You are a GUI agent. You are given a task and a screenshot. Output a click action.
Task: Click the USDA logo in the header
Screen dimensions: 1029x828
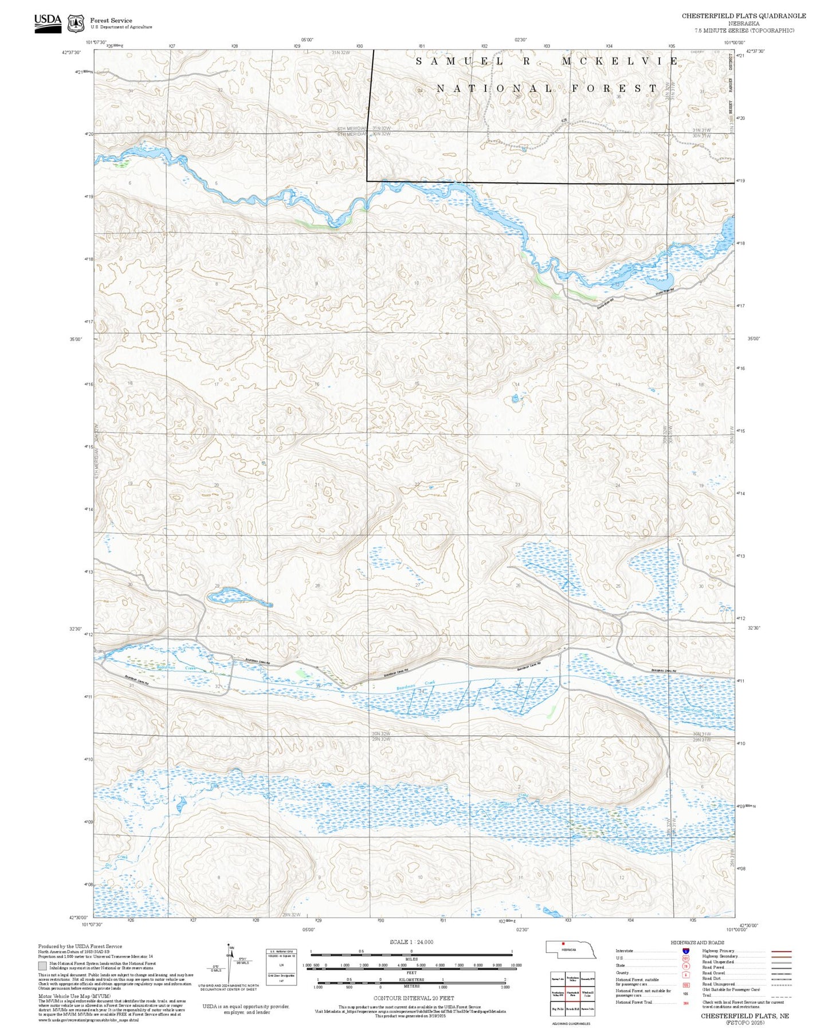[48, 23]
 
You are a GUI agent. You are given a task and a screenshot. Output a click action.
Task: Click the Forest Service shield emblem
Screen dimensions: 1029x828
[76, 24]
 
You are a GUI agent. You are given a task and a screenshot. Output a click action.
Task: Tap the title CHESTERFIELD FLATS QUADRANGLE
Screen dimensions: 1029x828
[743, 16]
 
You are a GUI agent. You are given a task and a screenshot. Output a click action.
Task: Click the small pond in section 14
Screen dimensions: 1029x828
[516, 399]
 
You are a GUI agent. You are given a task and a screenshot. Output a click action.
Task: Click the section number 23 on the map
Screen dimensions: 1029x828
[517, 485]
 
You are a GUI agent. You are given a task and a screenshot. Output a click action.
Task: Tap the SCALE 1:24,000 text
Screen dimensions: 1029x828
[411, 942]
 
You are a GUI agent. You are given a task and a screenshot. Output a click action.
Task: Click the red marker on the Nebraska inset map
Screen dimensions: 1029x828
[563, 943]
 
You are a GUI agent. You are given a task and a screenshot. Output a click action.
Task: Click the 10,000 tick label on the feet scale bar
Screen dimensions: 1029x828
[515, 965]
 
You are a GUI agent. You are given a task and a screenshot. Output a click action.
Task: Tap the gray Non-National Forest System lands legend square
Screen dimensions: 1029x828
[43, 965]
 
